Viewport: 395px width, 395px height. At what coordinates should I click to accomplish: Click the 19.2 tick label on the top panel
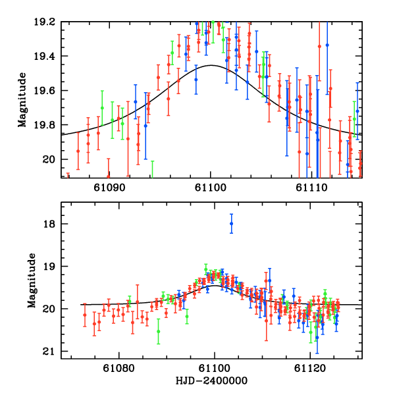click(x=47, y=22)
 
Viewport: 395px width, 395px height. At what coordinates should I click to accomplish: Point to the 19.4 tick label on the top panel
click(x=47, y=56)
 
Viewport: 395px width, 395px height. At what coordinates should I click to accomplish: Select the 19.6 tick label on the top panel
click(x=47, y=91)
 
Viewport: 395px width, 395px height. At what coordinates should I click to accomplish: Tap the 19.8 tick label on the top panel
click(x=47, y=125)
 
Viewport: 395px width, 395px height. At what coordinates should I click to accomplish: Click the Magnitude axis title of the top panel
click(x=22, y=99)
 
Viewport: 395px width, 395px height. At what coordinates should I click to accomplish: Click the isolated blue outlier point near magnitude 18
click(x=231, y=224)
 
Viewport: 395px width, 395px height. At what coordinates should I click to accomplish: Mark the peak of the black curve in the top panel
click(x=211, y=65)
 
